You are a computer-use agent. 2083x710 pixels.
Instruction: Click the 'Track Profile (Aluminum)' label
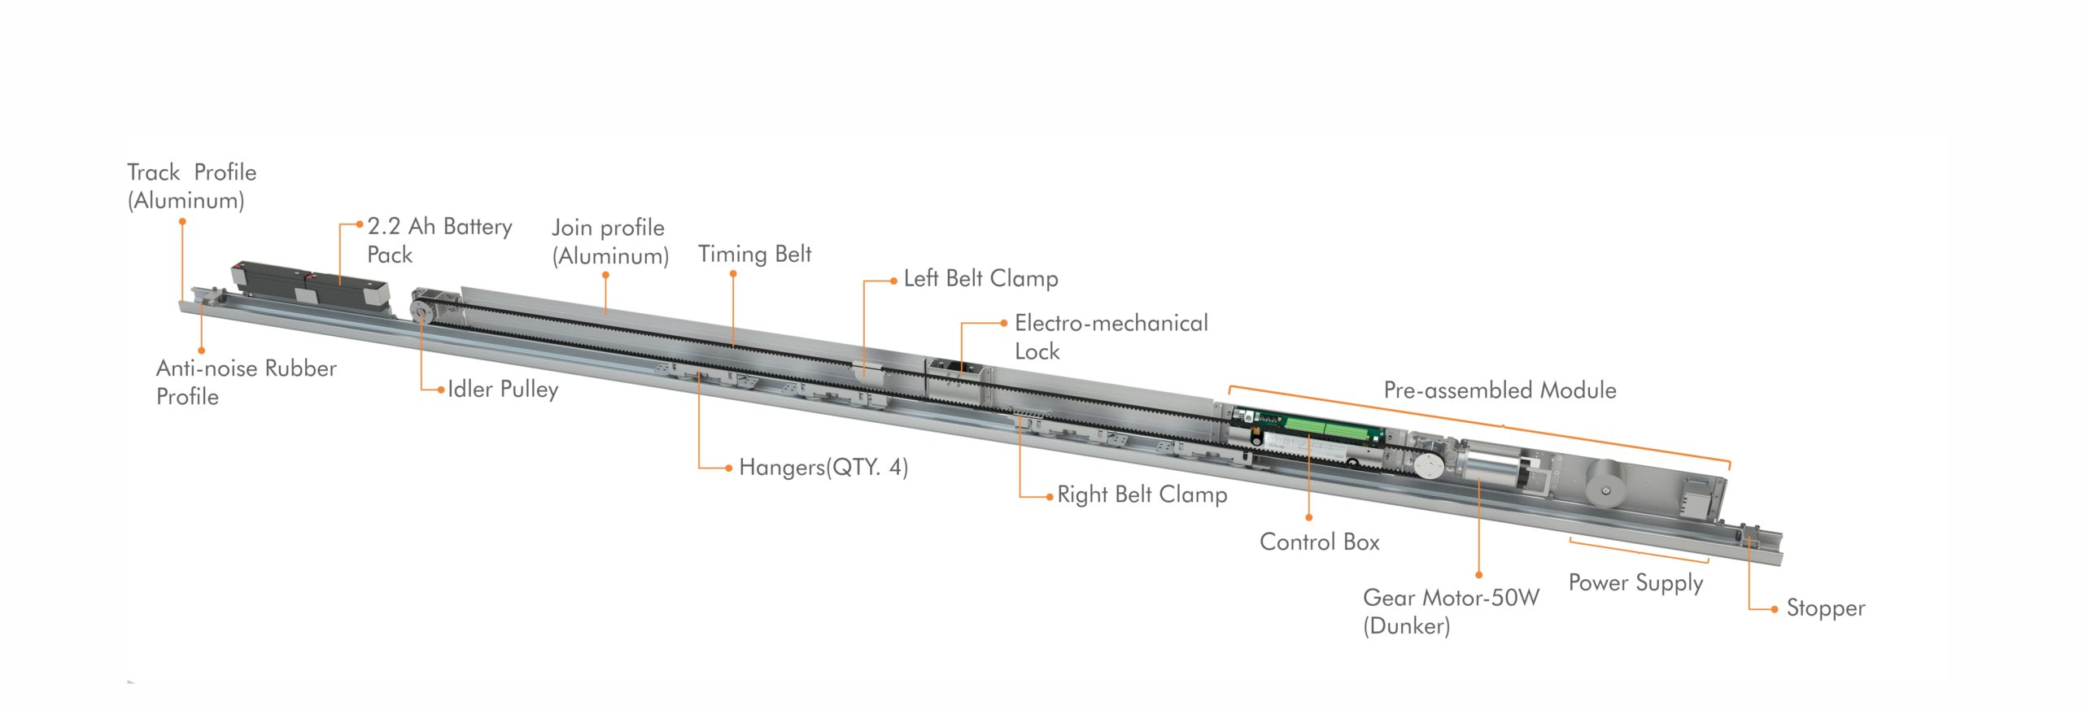(x=192, y=186)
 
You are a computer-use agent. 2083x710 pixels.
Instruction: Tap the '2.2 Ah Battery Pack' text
(x=439, y=240)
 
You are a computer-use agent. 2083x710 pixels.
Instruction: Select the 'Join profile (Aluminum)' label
(x=610, y=242)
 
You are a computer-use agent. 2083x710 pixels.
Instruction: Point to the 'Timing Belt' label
(x=754, y=254)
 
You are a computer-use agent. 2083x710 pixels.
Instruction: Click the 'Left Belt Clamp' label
(x=980, y=278)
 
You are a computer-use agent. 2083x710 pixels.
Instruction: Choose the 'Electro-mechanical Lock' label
(x=1111, y=337)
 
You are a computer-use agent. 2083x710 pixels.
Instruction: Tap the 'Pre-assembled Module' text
(x=1500, y=390)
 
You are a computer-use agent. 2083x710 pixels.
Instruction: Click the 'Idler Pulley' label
(x=503, y=390)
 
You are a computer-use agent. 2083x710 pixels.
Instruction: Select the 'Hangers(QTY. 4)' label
(x=823, y=468)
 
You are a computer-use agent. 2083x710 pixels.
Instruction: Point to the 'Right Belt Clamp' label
(x=1142, y=494)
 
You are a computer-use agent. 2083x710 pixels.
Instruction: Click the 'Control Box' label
(x=1319, y=542)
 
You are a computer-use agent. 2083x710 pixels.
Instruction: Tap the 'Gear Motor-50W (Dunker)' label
(x=1451, y=612)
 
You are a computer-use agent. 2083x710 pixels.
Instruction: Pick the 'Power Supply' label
(x=1635, y=583)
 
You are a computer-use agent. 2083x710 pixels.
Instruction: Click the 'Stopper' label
(x=1825, y=608)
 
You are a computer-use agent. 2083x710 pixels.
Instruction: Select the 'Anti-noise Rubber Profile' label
(x=246, y=382)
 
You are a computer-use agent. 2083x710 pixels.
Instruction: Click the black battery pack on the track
(x=309, y=284)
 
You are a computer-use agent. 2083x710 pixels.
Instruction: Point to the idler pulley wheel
(x=421, y=311)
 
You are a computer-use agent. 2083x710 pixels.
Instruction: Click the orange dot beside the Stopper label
(x=1775, y=609)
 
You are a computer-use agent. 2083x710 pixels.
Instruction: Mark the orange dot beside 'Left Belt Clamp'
(x=893, y=281)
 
